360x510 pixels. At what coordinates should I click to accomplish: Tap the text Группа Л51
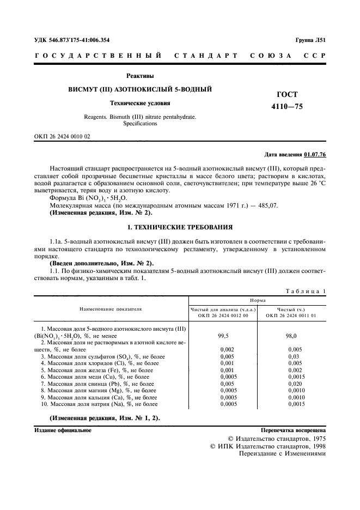tap(310, 40)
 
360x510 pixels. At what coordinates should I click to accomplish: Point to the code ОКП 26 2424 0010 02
tap(62, 136)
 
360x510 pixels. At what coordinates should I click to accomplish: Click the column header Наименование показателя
tap(111, 308)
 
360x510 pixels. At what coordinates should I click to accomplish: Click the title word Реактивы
tap(139, 76)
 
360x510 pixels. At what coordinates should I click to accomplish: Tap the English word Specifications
tap(139, 123)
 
